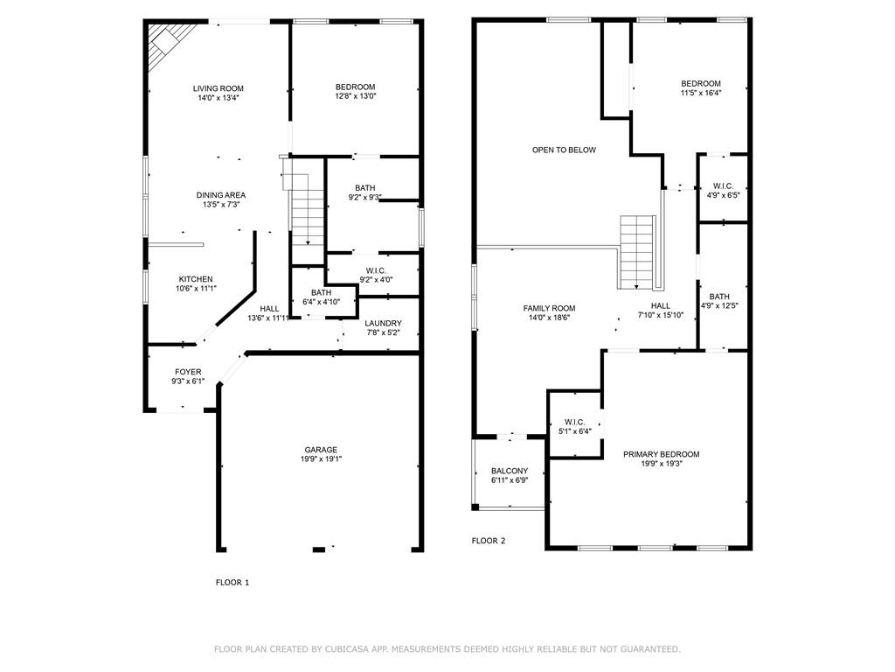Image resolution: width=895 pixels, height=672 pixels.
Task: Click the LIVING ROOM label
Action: pos(219,88)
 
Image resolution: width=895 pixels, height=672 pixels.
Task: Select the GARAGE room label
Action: pos(321,450)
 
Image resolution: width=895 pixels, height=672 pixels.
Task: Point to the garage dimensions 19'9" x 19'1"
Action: pos(321,459)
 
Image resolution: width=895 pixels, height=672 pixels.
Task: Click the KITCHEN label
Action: pos(196,279)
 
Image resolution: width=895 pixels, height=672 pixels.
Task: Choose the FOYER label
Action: pos(188,372)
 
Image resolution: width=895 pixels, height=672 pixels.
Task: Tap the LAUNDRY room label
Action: pos(383,324)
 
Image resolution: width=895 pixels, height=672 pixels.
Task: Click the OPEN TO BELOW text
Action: pos(564,150)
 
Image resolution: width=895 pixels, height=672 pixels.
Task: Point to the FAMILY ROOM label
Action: pos(549,308)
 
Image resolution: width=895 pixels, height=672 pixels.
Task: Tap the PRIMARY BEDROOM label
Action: pos(661,454)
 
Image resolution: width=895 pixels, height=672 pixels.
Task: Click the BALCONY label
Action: pos(509,471)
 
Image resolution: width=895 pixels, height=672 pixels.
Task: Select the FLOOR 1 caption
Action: pos(232,582)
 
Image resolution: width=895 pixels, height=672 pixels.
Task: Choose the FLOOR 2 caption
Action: pos(489,541)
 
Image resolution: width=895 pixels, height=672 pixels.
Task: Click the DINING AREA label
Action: pos(220,195)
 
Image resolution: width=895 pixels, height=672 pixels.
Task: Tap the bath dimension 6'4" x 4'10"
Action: pos(322,302)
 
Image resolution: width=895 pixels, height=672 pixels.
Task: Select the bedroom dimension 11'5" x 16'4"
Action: pos(701,93)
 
